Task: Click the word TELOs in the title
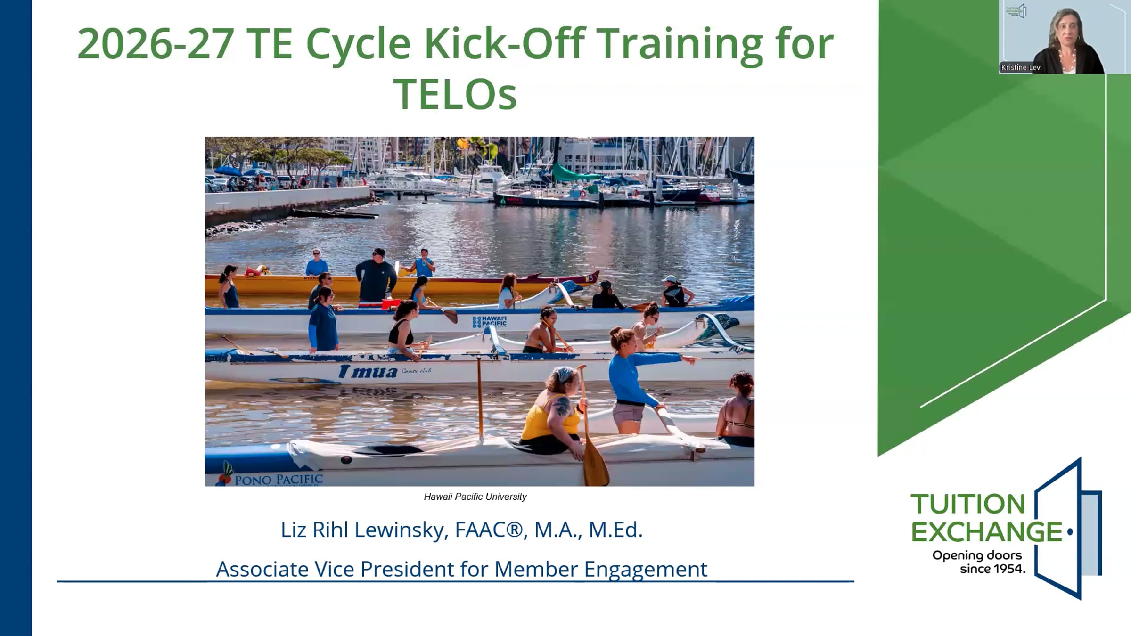point(455,94)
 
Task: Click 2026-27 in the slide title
point(155,44)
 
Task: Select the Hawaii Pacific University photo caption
point(475,497)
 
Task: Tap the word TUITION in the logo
point(968,504)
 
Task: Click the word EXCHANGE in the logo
point(987,532)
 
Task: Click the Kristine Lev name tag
point(1021,68)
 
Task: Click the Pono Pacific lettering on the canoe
point(279,480)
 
